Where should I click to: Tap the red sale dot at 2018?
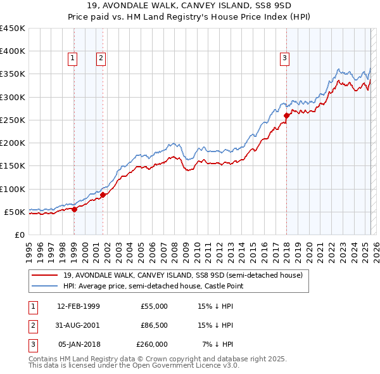pyautogui.click(x=286, y=115)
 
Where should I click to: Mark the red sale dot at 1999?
pyautogui.click(x=74, y=209)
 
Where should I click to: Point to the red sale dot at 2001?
pyautogui.click(x=103, y=195)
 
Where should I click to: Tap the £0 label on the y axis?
pyautogui.click(x=19, y=235)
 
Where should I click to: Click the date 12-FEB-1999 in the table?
pyautogui.click(x=79, y=306)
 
